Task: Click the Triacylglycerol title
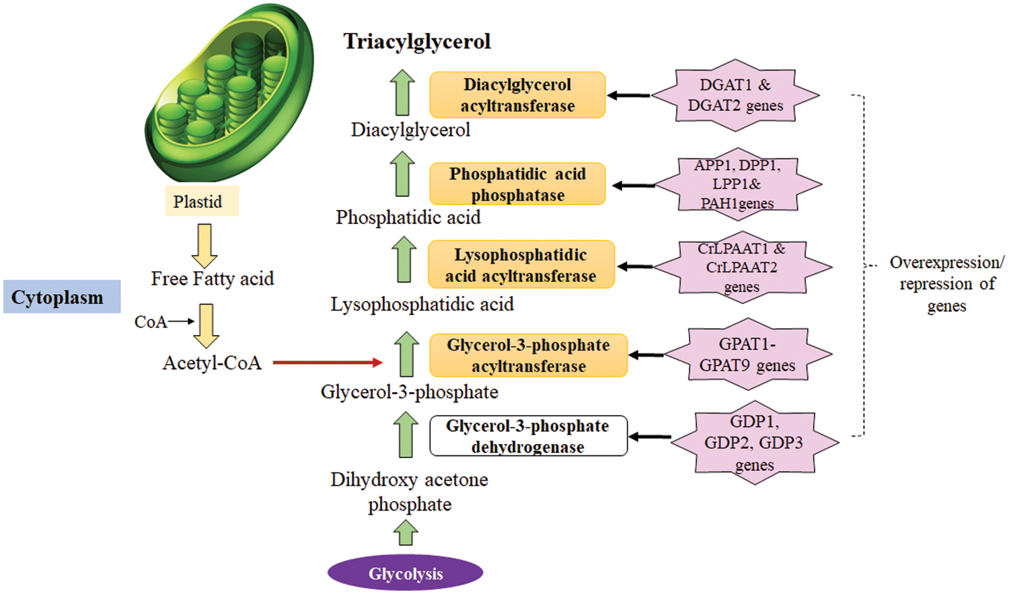417,42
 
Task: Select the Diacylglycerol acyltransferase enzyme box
517,95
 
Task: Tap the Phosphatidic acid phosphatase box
517,184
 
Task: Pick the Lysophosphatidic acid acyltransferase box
521,265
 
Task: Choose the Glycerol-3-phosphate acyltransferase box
528,355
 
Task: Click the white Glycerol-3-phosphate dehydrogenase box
528,436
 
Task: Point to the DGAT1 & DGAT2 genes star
735,95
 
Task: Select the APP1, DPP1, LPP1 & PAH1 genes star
738,184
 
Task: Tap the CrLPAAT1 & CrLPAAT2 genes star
742,267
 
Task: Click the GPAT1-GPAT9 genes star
747,355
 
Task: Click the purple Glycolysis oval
406,573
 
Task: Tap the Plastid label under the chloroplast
198,201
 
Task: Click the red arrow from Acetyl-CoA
328,363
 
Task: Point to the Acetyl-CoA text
212,363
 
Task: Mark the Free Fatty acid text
213,279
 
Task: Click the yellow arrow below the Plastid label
204,246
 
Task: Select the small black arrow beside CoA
181,322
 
